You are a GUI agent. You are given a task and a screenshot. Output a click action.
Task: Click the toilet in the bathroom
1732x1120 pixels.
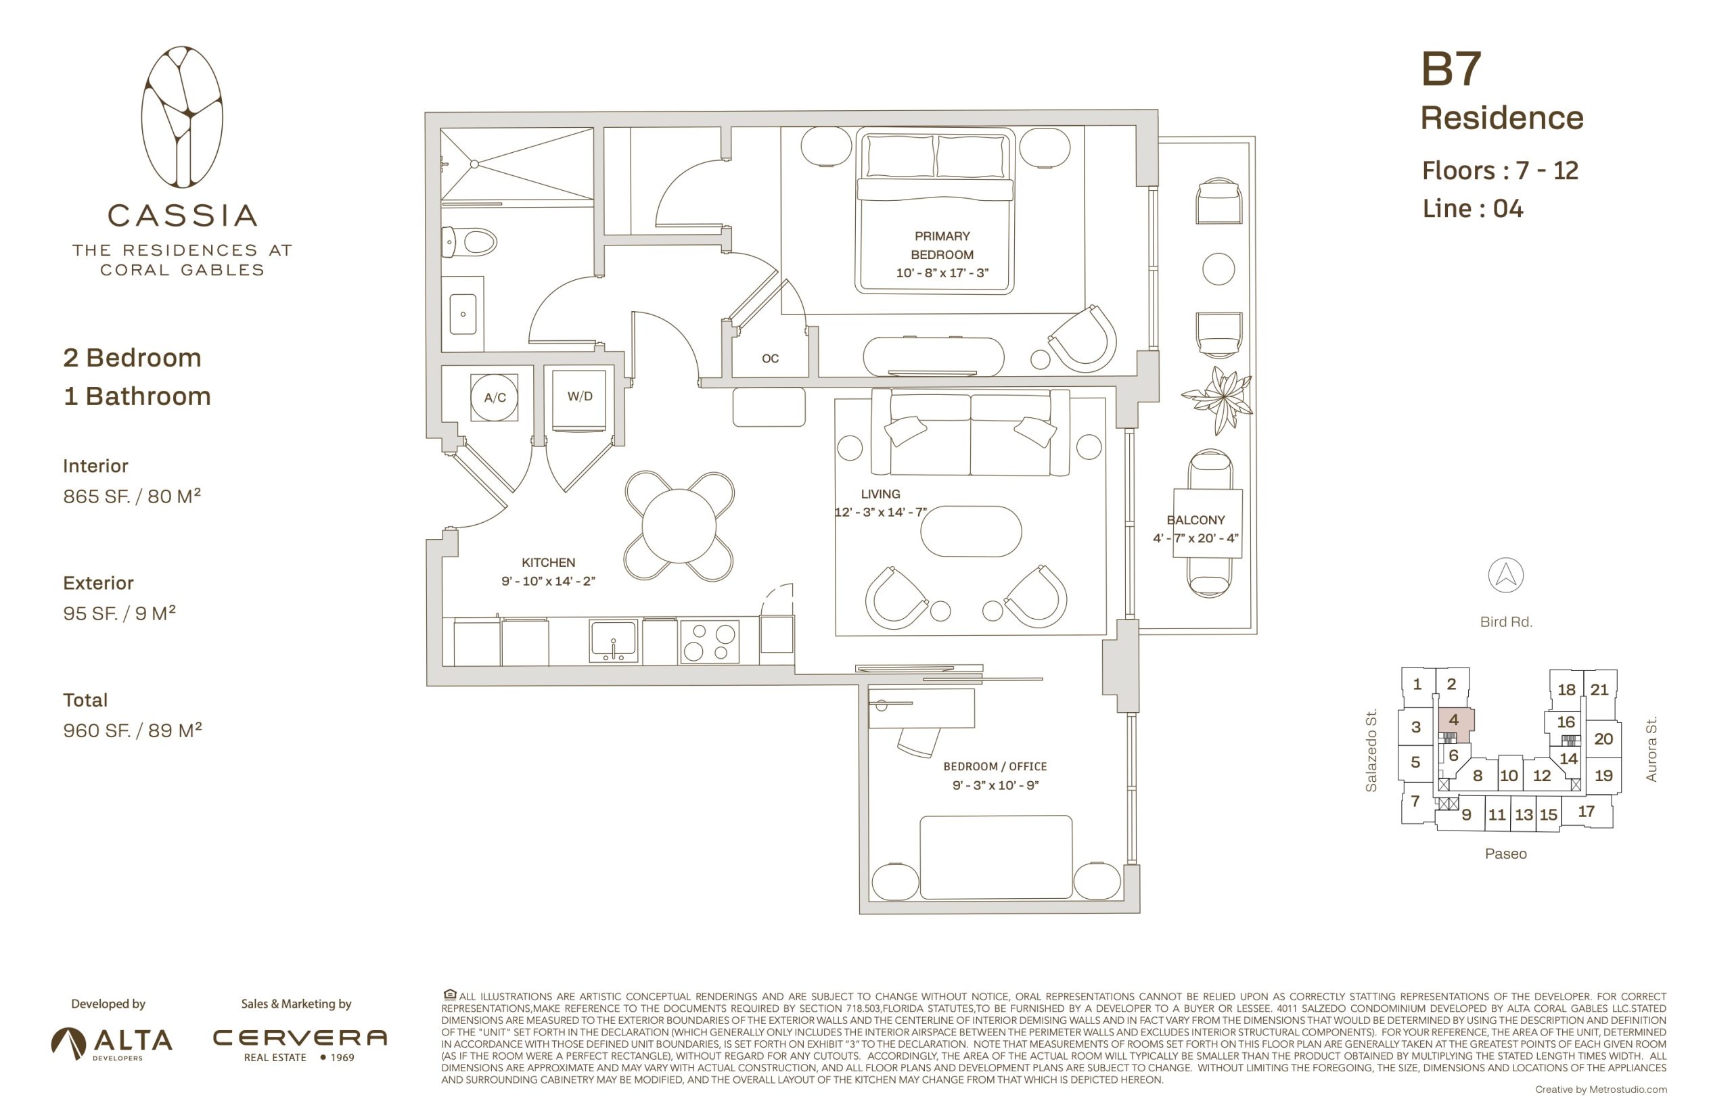point(469,241)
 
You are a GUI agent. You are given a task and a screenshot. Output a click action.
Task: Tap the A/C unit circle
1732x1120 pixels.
point(495,397)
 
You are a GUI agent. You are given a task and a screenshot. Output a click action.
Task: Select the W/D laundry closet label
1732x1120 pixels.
point(580,396)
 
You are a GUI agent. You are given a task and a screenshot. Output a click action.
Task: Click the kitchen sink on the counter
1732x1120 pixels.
point(613,640)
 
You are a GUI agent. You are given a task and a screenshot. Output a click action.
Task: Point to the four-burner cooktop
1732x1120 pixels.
point(709,640)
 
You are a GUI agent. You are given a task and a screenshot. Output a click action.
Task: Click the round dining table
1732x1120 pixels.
point(679,526)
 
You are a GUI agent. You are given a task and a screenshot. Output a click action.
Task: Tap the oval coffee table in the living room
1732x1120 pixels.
point(970,531)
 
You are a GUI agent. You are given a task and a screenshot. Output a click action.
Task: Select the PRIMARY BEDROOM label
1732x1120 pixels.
point(942,245)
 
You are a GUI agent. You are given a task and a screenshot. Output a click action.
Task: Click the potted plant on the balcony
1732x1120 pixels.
point(1219,399)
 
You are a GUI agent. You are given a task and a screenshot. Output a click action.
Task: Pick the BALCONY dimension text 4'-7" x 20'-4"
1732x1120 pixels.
point(1195,538)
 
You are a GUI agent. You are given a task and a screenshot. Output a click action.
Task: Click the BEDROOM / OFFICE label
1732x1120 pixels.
point(995,766)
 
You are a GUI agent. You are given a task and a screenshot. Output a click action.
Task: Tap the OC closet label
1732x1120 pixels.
point(771,358)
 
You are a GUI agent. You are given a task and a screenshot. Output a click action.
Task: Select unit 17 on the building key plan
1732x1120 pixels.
point(1587,811)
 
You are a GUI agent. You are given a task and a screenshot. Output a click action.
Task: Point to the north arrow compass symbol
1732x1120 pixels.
point(1505,576)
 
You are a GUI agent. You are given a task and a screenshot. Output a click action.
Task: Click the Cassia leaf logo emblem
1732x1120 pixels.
point(182,117)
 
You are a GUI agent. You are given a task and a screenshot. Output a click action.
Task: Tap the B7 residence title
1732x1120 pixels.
point(1451,69)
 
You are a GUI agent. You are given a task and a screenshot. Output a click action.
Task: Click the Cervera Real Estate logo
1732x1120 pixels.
point(300,1044)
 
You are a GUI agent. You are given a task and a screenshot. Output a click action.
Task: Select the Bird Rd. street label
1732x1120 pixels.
point(1506,622)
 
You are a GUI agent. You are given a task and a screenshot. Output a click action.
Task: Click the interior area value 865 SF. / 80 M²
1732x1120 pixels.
point(132,496)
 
